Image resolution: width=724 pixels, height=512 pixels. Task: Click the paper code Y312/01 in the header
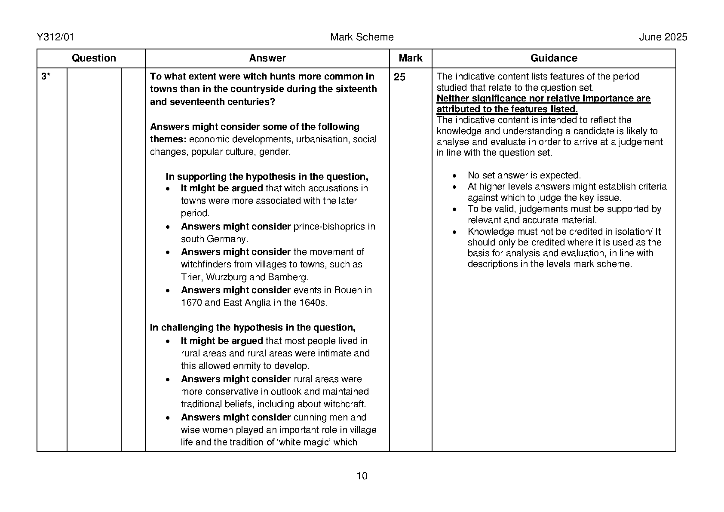55,37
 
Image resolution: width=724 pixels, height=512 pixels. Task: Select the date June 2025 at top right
663,37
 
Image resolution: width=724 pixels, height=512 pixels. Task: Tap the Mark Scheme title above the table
362,37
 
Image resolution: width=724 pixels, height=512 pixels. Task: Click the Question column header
94,58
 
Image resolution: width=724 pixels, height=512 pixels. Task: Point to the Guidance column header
553,58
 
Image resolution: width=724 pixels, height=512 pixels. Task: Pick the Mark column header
410,58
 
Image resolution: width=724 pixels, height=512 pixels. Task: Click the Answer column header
267,58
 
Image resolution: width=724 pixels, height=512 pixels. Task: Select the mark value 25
399,77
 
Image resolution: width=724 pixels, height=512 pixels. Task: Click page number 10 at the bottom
362,476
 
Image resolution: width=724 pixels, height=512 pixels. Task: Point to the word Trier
190,277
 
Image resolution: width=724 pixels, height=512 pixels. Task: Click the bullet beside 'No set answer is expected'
455,176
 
